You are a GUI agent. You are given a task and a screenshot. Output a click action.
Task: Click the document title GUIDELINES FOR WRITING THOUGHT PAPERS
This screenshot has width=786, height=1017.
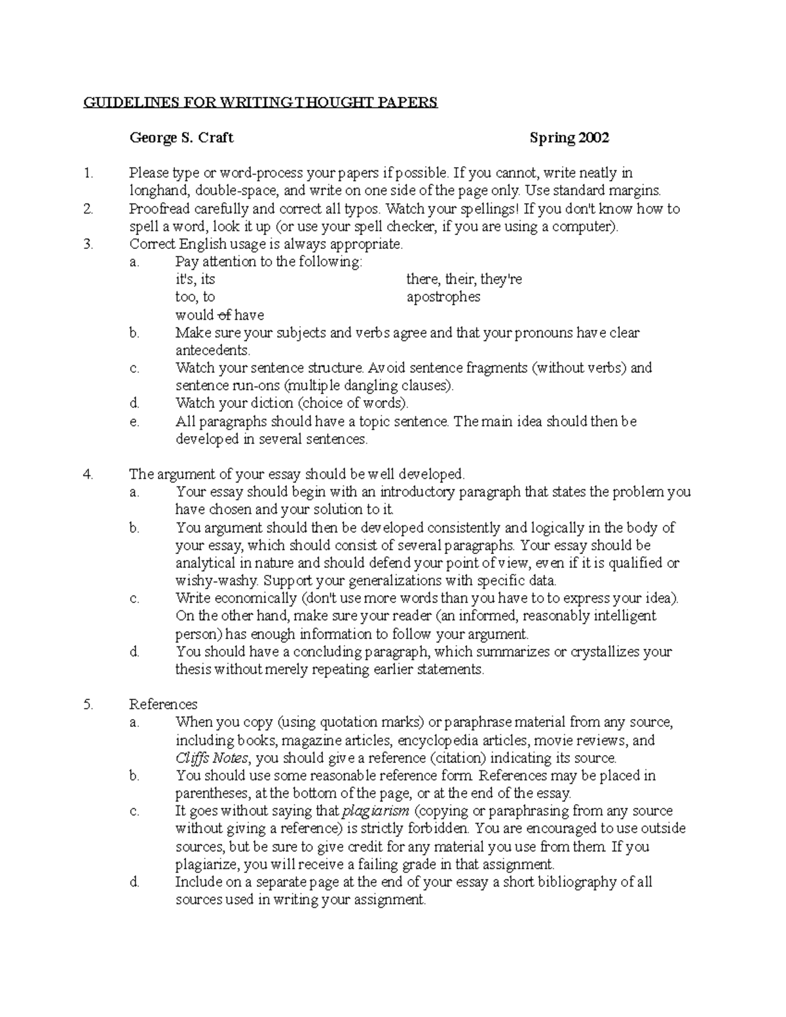[x=259, y=103]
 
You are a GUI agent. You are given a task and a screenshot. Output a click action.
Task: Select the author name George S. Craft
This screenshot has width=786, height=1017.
[x=181, y=138]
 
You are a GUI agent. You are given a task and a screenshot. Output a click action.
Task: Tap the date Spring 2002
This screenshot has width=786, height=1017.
[x=569, y=138]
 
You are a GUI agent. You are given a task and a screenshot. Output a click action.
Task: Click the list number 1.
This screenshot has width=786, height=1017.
[x=88, y=174]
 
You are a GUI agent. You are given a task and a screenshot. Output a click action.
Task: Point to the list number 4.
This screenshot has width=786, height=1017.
[x=89, y=474]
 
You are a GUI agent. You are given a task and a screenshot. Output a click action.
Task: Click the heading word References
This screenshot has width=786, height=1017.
[x=163, y=705]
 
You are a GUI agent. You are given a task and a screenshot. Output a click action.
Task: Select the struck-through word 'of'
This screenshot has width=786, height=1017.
[x=224, y=315]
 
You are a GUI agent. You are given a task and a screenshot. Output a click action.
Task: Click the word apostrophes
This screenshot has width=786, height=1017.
[x=443, y=297]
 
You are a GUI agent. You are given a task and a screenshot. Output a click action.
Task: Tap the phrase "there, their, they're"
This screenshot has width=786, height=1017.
[x=464, y=280]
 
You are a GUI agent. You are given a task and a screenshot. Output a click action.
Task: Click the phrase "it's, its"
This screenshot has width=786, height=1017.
[x=195, y=280]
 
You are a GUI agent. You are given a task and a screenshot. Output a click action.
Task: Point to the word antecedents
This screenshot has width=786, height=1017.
[x=213, y=350]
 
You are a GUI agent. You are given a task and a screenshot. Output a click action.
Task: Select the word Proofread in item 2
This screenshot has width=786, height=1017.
[x=158, y=209]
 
